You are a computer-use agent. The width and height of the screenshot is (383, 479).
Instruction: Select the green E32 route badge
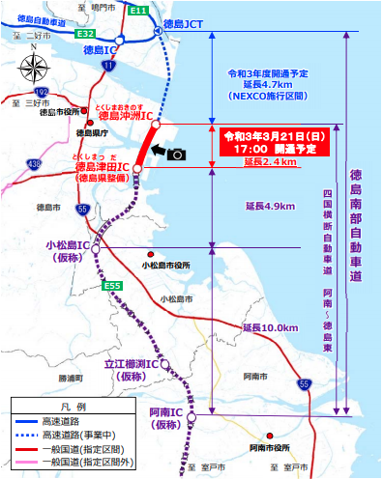[x=85, y=33]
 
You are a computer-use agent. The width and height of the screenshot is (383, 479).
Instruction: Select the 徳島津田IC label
[x=97, y=166]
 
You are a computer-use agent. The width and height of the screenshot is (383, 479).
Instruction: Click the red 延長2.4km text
[x=272, y=162]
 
